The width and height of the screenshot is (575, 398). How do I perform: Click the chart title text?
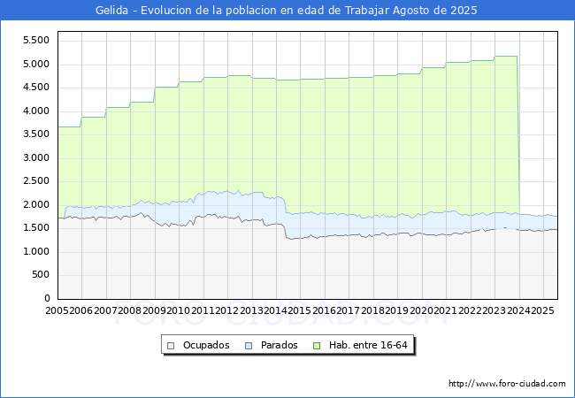(x=287, y=11)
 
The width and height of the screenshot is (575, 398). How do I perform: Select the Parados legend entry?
(x=277, y=345)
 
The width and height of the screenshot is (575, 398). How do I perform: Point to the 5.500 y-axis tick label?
(x=35, y=41)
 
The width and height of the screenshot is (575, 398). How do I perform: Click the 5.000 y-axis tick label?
(x=35, y=65)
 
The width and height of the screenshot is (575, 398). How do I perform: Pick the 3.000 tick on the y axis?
(x=35, y=158)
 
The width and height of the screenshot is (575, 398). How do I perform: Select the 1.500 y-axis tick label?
(x=35, y=228)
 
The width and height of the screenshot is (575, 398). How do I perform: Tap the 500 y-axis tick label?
(x=41, y=275)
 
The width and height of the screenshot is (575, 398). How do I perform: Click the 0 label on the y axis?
(x=48, y=299)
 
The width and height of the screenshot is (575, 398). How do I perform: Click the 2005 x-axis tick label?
(x=57, y=311)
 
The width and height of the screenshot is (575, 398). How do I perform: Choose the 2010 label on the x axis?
(x=179, y=311)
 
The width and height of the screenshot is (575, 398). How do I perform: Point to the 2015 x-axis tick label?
(x=300, y=311)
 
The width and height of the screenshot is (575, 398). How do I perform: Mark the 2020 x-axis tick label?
(x=421, y=311)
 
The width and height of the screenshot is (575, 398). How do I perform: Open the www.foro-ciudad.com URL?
(x=507, y=384)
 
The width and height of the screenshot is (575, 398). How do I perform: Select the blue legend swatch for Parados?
(x=249, y=345)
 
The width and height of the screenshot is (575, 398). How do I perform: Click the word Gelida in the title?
(x=111, y=11)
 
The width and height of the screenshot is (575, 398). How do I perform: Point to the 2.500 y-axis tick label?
(x=35, y=181)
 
